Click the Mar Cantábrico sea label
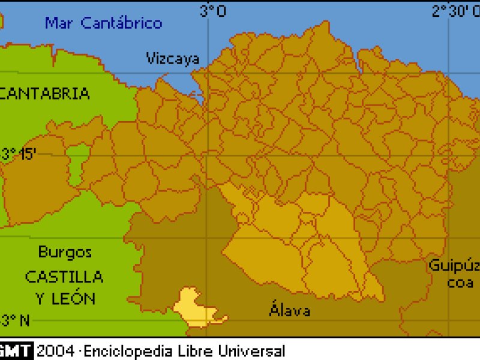(104, 23)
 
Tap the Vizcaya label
(173, 58)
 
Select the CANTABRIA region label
(46, 94)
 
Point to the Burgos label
(65, 252)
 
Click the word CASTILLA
(64, 277)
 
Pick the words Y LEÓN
(65, 298)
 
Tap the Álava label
(290, 311)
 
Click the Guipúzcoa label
(454, 274)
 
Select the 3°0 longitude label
(213, 11)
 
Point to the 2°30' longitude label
(455, 11)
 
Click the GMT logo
(16, 350)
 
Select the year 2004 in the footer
(55, 350)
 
